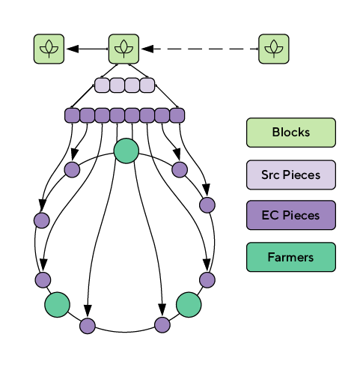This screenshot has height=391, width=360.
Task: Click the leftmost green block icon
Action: (49, 49)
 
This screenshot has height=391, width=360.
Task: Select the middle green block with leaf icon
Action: (123, 49)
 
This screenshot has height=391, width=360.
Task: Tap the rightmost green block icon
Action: (274, 49)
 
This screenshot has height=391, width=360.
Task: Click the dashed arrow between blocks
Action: (200, 49)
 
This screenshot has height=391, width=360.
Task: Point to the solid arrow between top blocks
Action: (88, 49)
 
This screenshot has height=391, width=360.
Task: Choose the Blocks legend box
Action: (291, 133)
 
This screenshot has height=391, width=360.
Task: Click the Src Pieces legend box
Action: (291, 175)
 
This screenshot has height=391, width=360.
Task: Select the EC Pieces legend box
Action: (291, 215)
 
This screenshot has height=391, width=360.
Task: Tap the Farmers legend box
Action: (291, 257)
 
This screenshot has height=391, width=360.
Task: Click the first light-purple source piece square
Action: (102, 85)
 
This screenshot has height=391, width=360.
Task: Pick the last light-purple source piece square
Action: (147, 85)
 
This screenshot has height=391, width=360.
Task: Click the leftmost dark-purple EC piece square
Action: (72, 115)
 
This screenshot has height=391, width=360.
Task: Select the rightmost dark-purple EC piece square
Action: (177, 115)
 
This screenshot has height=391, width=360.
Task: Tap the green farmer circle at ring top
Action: (126, 151)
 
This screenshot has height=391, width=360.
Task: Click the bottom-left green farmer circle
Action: (57, 305)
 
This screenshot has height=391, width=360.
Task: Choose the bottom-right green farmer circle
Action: (189, 305)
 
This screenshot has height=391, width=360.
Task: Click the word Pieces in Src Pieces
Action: (302, 175)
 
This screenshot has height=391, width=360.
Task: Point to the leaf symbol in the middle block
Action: (123, 49)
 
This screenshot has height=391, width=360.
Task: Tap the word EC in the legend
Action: (269, 215)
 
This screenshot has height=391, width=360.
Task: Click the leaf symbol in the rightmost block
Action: (274, 49)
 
